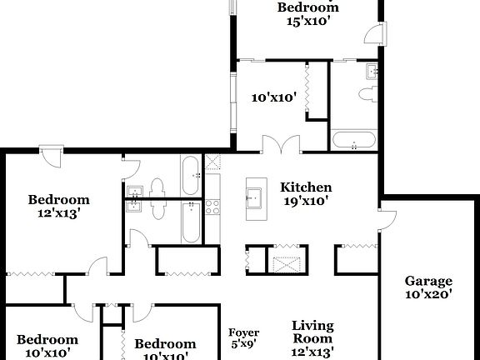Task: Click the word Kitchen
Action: [x=305, y=187]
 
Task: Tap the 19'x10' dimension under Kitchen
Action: [x=305, y=200]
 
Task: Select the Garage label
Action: [x=428, y=281]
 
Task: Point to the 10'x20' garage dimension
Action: [x=428, y=293]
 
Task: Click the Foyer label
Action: [x=244, y=332]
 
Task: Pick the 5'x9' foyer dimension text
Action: [x=244, y=343]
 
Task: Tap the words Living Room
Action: [x=312, y=332]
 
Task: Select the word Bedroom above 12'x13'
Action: [x=58, y=200]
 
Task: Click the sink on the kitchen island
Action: [x=253, y=197]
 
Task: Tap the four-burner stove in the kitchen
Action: [x=212, y=204]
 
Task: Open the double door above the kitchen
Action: [x=276, y=144]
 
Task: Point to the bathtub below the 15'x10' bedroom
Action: [x=355, y=141]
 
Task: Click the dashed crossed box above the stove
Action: [x=212, y=162]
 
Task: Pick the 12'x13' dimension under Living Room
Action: [x=312, y=352]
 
